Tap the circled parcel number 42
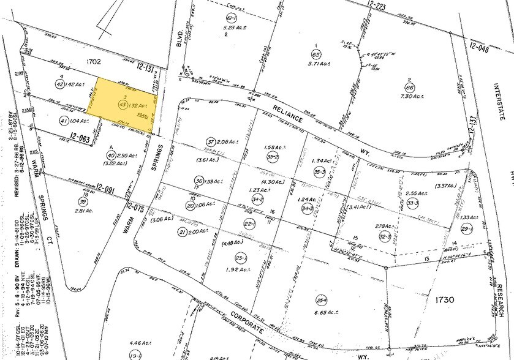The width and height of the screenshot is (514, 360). [x=60, y=85]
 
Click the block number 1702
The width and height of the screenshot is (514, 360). [x=81, y=62]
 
